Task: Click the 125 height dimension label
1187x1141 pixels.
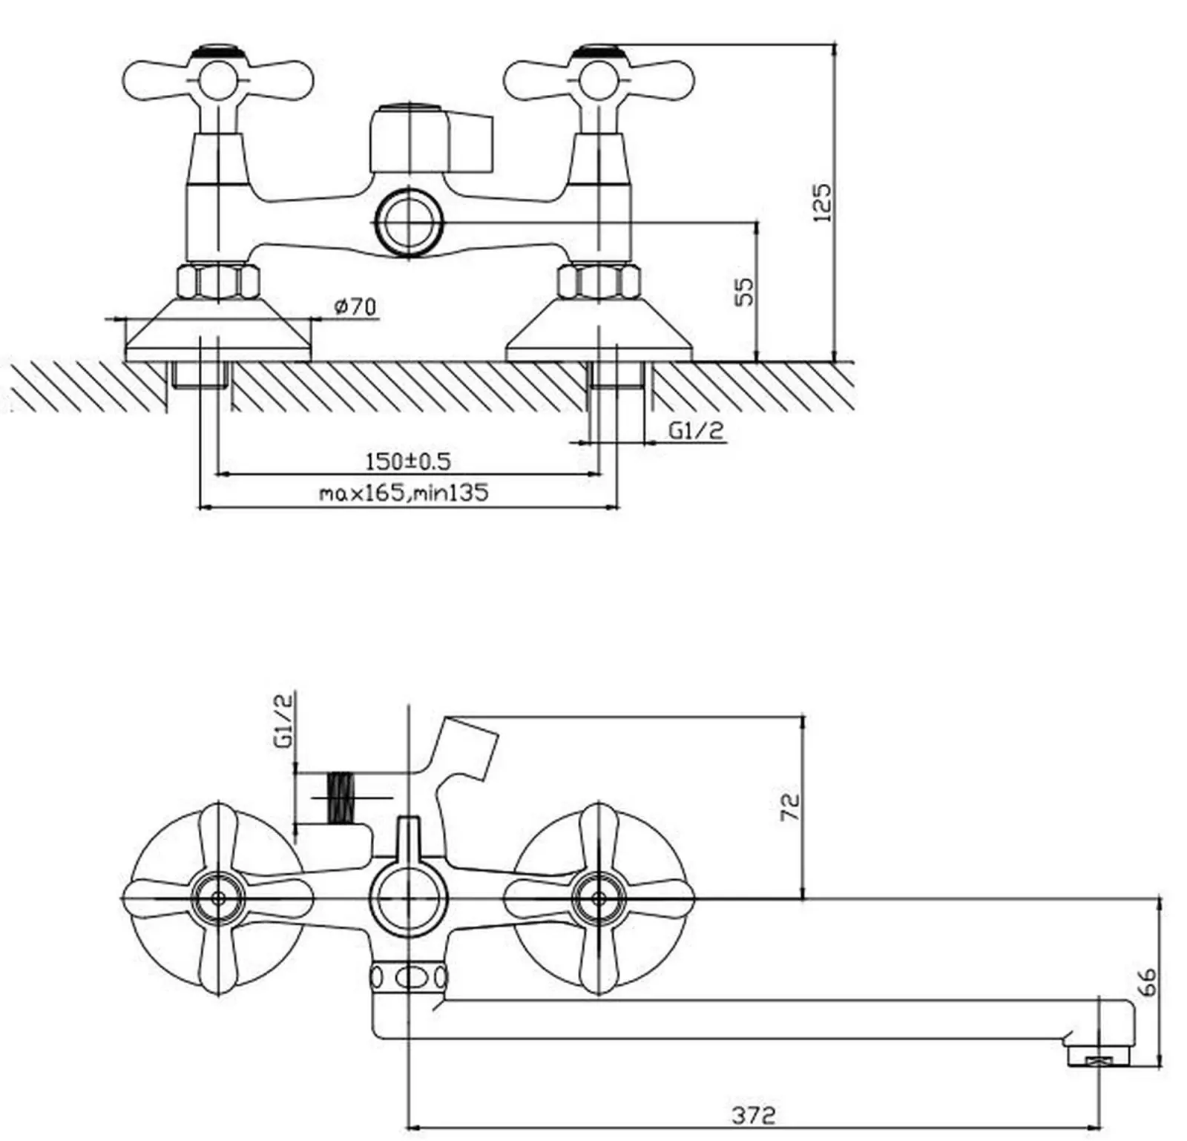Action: pyautogui.click(x=823, y=202)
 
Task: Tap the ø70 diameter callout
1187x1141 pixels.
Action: pyautogui.click(x=356, y=306)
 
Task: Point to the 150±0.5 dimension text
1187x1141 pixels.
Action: pyautogui.click(x=408, y=461)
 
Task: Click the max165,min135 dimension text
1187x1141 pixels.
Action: pyautogui.click(x=404, y=492)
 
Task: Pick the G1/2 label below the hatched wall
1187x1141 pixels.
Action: pyautogui.click(x=696, y=430)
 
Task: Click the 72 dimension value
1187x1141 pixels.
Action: pyautogui.click(x=791, y=806)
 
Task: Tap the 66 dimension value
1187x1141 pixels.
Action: pyautogui.click(x=1146, y=981)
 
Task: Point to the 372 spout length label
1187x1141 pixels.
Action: pyautogui.click(x=754, y=1114)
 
